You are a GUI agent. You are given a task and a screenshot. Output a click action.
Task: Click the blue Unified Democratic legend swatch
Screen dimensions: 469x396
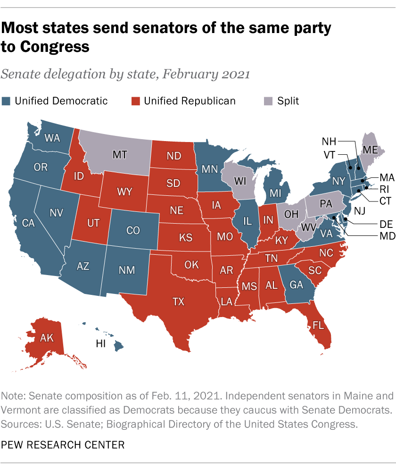click(x=7, y=100)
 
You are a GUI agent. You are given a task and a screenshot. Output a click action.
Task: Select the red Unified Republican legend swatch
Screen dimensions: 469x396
click(x=136, y=100)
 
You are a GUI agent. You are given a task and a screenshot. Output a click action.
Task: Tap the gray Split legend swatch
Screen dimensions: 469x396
click(x=268, y=100)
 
